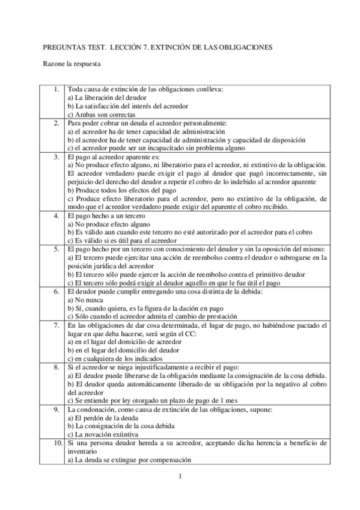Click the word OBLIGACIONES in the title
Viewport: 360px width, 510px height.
coord(246,46)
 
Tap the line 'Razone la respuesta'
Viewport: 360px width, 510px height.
coord(72,62)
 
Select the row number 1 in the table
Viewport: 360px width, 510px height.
coord(56,89)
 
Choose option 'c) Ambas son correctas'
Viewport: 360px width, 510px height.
coord(101,114)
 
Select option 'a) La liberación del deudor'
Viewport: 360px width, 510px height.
coord(106,97)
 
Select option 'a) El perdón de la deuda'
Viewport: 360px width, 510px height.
coord(103,417)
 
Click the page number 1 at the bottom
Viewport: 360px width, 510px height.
coord(180,478)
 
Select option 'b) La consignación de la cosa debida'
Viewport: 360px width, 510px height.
coord(122,426)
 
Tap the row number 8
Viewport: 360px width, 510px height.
coord(56,366)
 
